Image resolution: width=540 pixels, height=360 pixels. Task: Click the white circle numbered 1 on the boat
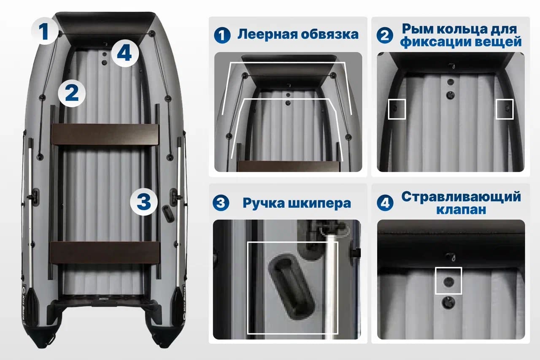[45, 31]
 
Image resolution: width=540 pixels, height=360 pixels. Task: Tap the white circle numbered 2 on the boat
[72, 93]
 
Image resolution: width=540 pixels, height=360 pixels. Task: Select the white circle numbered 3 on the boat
[144, 202]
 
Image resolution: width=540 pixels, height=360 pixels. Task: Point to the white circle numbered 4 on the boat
[125, 53]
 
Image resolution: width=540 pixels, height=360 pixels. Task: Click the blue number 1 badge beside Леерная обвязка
[222, 35]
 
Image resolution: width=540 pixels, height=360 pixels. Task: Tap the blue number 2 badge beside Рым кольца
[385, 35]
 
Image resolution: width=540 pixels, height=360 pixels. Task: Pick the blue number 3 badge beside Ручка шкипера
[221, 203]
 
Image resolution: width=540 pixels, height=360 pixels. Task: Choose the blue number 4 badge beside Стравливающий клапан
[385, 203]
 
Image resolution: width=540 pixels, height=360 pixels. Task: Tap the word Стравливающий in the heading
[461, 197]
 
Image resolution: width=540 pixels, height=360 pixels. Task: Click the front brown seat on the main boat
[105, 134]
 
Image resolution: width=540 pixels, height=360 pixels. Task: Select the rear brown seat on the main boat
[105, 253]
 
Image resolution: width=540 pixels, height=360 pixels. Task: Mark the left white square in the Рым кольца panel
[397, 109]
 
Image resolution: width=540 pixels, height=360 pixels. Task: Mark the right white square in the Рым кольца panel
[505, 109]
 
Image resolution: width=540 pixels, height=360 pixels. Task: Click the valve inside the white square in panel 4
[448, 282]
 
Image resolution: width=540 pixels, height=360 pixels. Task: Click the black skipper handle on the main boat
[168, 214]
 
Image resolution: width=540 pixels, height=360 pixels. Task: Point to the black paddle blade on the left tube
[31, 306]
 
